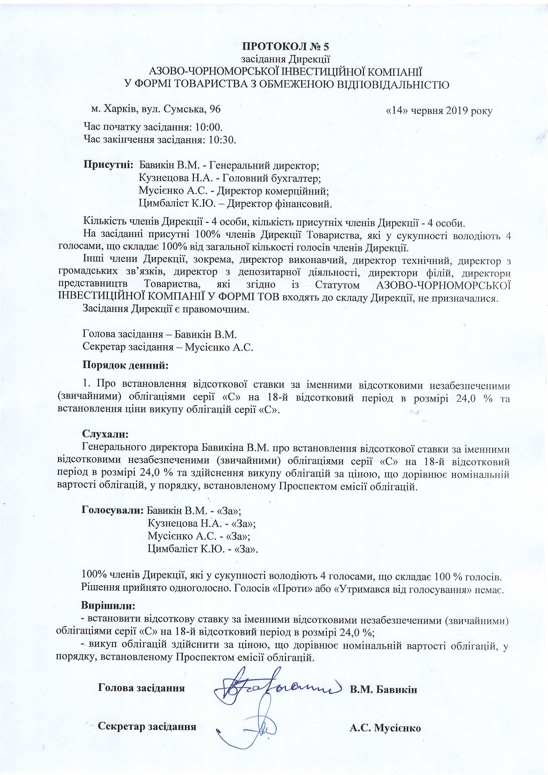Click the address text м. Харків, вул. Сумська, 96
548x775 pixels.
[x=156, y=109]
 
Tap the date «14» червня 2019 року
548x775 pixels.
[x=439, y=111]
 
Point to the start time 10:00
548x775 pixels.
[x=209, y=127]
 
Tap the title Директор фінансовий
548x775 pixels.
[x=279, y=203]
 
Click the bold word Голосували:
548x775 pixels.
[x=113, y=510]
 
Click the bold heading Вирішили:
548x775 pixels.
[x=108, y=605]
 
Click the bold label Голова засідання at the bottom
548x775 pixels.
[x=141, y=688]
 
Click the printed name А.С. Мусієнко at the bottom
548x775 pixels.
[x=385, y=729]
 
